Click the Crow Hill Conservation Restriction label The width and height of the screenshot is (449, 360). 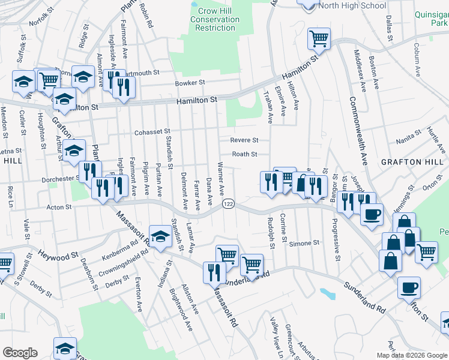pyautogui.click(x=215, y=19)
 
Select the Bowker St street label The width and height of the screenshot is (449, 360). pyautogui.click(x=190, y=83)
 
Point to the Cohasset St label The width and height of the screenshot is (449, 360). pyautogui.click(x=152, y=131)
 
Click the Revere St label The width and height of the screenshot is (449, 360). pyautogui.click(x=245, y=140)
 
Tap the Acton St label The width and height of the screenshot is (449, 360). pyautogui.click(x=59, y=207)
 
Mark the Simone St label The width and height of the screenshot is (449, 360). pyautogui.click(x=304, y=243)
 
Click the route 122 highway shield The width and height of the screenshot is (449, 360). pyautogui.click(x=228, y=205)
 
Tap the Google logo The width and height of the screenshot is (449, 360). pyautogui.click(x=20, y=352)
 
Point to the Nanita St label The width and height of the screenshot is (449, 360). pyautogui.click(x=408, y=142)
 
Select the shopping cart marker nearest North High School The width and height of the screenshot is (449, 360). pyautogui.click(x=319, y=39)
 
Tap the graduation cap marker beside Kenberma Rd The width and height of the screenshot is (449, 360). pyautogui.click(x=160, y=237)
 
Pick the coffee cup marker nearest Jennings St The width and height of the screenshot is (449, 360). pyautogui.click(x=372, y=214)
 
